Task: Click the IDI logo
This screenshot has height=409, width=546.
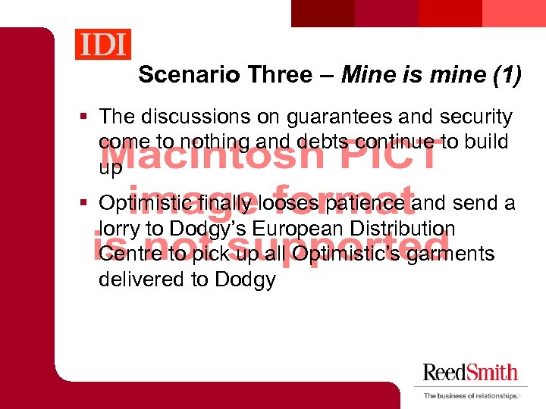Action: pos(103,44)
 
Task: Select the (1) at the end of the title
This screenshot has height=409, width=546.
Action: pos(505,75)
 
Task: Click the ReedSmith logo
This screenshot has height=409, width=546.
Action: pos(470,373)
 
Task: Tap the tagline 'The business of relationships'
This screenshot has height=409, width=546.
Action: pos(469,395)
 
